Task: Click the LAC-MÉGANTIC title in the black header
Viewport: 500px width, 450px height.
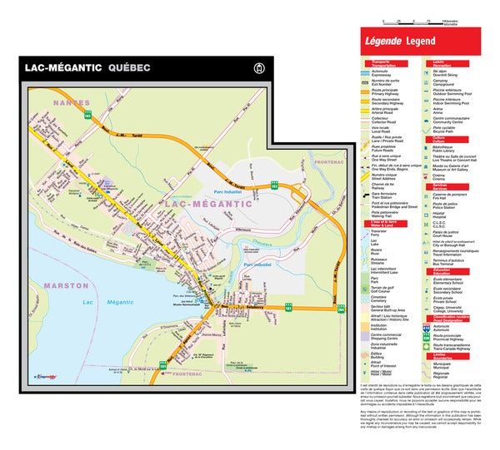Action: click(x=63, y=67)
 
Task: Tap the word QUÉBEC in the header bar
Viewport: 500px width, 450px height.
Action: click(x=129, y=67)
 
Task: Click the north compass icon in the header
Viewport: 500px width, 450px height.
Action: click(x=259, y=68)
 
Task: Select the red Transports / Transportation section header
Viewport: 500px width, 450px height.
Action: click(x=384, y=64)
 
